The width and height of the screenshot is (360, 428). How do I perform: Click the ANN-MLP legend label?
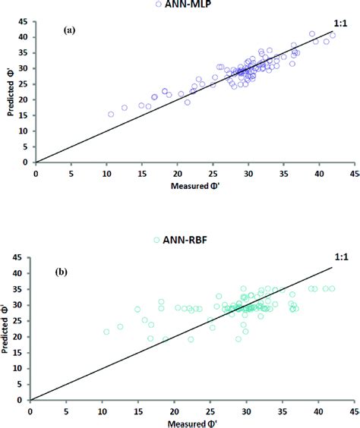(x=185, y=5)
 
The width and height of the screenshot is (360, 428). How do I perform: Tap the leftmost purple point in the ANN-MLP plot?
(x=111, y=115)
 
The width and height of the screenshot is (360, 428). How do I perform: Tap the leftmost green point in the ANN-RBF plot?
(x=106, y=332)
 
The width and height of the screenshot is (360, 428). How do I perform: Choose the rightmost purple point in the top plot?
(x=333, y=35)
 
